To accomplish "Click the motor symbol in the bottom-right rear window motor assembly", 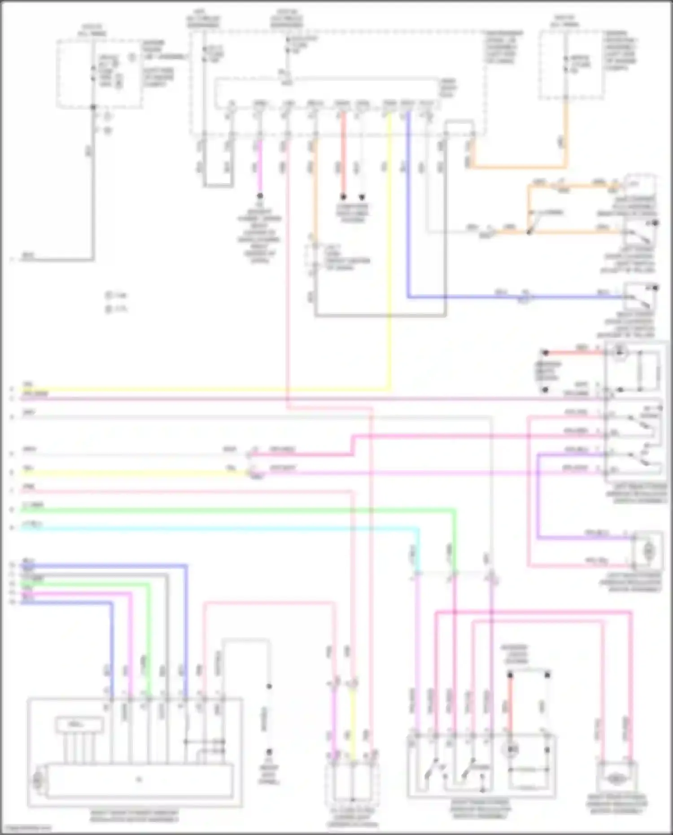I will (616, 780).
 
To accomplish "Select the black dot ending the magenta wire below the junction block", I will (259, 196).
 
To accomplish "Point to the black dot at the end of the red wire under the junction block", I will (343, 197).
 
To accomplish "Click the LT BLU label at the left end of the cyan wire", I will (31, 525).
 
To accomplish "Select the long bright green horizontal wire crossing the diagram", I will (224, 510).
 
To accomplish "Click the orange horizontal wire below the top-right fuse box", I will (516, 166).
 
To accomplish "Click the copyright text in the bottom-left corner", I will (26, 828).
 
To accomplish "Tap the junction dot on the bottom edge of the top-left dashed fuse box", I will (93, 108).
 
